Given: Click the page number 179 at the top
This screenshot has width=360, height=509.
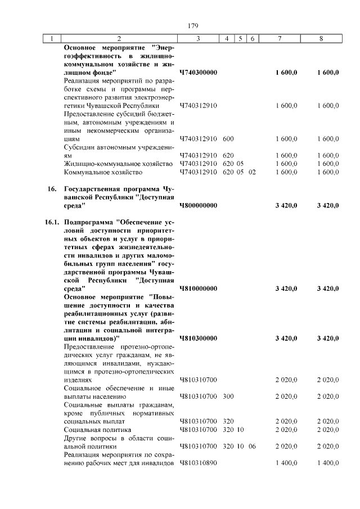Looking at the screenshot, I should [193, 25].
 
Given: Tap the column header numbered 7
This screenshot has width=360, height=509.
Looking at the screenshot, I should [280, 39].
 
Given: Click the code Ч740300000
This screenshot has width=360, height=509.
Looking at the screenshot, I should [199, 73].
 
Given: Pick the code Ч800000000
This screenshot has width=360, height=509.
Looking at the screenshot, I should [199, 205].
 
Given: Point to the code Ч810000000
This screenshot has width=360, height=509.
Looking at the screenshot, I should [199, 289].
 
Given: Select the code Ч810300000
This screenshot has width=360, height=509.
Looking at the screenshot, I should [199, 338].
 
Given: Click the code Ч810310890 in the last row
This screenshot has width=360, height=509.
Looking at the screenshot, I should [199, 462].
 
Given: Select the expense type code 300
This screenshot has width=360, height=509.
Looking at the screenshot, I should [228, 396].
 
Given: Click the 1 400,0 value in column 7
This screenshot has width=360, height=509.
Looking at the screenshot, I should [286, 462].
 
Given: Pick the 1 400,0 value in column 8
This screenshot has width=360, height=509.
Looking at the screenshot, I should [327, 462].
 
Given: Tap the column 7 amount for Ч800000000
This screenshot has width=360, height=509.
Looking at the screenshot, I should [286, 205].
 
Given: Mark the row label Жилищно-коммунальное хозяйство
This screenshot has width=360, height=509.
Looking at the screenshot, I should [118, 164].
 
